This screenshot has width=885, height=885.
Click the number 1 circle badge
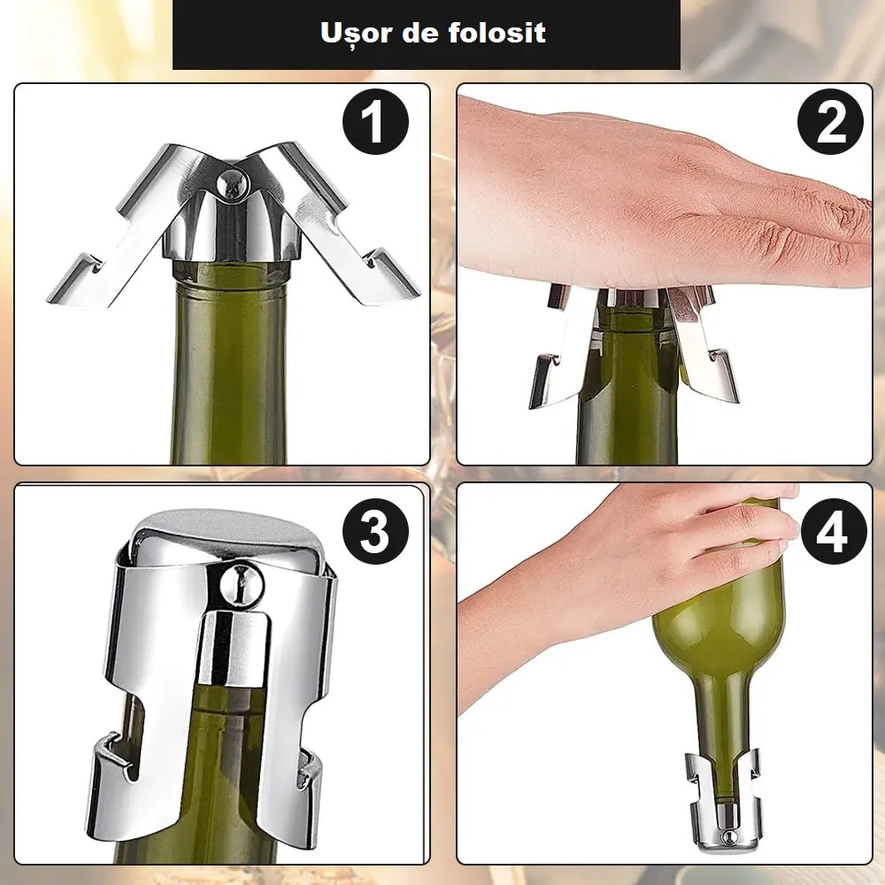pos(375,122)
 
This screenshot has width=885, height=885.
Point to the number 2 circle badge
pos(830,122)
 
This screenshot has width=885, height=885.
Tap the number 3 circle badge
pos(375,532)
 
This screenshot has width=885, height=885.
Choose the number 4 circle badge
pos(833,532)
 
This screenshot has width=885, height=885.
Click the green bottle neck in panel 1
pos(229,361)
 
